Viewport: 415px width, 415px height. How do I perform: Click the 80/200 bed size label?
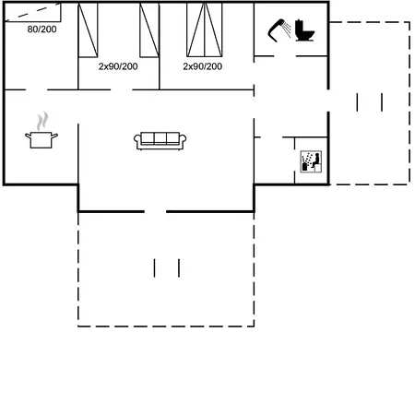(41, 30)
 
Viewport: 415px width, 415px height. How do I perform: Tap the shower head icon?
(276, 30)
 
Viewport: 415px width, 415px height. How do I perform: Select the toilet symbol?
(304, 30)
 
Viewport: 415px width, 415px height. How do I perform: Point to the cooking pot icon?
(41, 140)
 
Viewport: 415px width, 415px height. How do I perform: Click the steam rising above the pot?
(42, 121)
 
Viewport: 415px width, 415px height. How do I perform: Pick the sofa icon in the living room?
(160, 141)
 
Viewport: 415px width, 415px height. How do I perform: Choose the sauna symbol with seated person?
(311, 161)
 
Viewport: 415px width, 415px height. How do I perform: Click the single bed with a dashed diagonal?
(32, 12)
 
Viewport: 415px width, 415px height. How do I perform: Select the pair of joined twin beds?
(205, 30)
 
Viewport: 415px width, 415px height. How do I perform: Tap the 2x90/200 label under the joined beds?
(203, 66)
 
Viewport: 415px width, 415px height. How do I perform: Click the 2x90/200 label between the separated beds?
(118, 66)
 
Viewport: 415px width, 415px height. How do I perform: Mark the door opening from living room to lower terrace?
(155, 211)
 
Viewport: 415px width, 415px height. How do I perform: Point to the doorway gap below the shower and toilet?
(285, 56)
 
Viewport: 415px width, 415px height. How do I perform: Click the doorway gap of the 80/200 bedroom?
(36, 89)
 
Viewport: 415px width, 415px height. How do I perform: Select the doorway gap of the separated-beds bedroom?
(121, 89)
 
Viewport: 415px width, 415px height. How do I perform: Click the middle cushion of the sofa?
(160, 138)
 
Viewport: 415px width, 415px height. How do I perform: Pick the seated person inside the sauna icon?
(316, 160)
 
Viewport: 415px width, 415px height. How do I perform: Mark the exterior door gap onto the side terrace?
(328, 101)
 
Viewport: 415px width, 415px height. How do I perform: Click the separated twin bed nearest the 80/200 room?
(88, 30)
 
